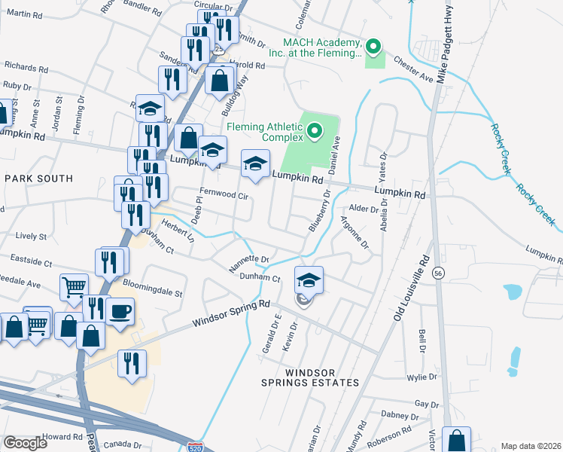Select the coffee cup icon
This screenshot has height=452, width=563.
click(120, 311)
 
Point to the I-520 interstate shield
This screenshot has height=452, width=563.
click(195, 447)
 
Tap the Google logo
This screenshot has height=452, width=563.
click(25, 442)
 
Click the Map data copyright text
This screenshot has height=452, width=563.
click(531, 446)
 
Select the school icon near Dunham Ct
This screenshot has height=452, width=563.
click(309, 280)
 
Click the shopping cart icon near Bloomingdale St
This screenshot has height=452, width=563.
click(74, 287)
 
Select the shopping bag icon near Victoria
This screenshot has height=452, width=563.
click(456, 440)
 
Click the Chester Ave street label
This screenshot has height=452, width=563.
click(413, 69)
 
